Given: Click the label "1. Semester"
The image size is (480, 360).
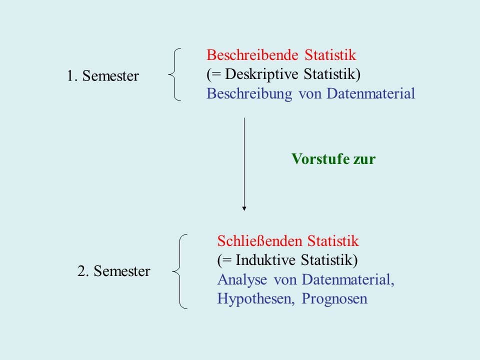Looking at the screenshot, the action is coord(103,75).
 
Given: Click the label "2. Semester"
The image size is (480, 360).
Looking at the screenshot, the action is coord(114,271).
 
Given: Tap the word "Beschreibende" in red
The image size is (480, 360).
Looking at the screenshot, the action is coord(252,55).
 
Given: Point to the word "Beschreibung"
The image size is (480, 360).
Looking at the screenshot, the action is coord(249,93).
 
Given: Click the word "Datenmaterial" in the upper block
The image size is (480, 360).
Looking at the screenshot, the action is coord(370,93).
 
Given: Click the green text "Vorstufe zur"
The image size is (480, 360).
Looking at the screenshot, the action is coord(333,159).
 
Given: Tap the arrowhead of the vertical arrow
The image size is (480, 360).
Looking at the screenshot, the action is coord(244,209).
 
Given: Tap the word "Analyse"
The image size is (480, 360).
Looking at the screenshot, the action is coord(242,280).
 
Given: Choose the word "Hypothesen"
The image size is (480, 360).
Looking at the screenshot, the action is coord(256,299).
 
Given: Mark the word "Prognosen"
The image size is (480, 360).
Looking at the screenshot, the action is coord(334,299).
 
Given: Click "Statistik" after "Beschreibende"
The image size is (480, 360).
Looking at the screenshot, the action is coord(330,55).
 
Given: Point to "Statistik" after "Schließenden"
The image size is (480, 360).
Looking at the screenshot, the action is coord(333,241).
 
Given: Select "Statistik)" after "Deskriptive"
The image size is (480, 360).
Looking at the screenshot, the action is coord(332,74).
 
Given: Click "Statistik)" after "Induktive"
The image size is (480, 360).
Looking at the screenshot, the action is coord(329,260).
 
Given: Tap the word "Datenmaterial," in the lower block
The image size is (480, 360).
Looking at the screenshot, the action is coord(348,280).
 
